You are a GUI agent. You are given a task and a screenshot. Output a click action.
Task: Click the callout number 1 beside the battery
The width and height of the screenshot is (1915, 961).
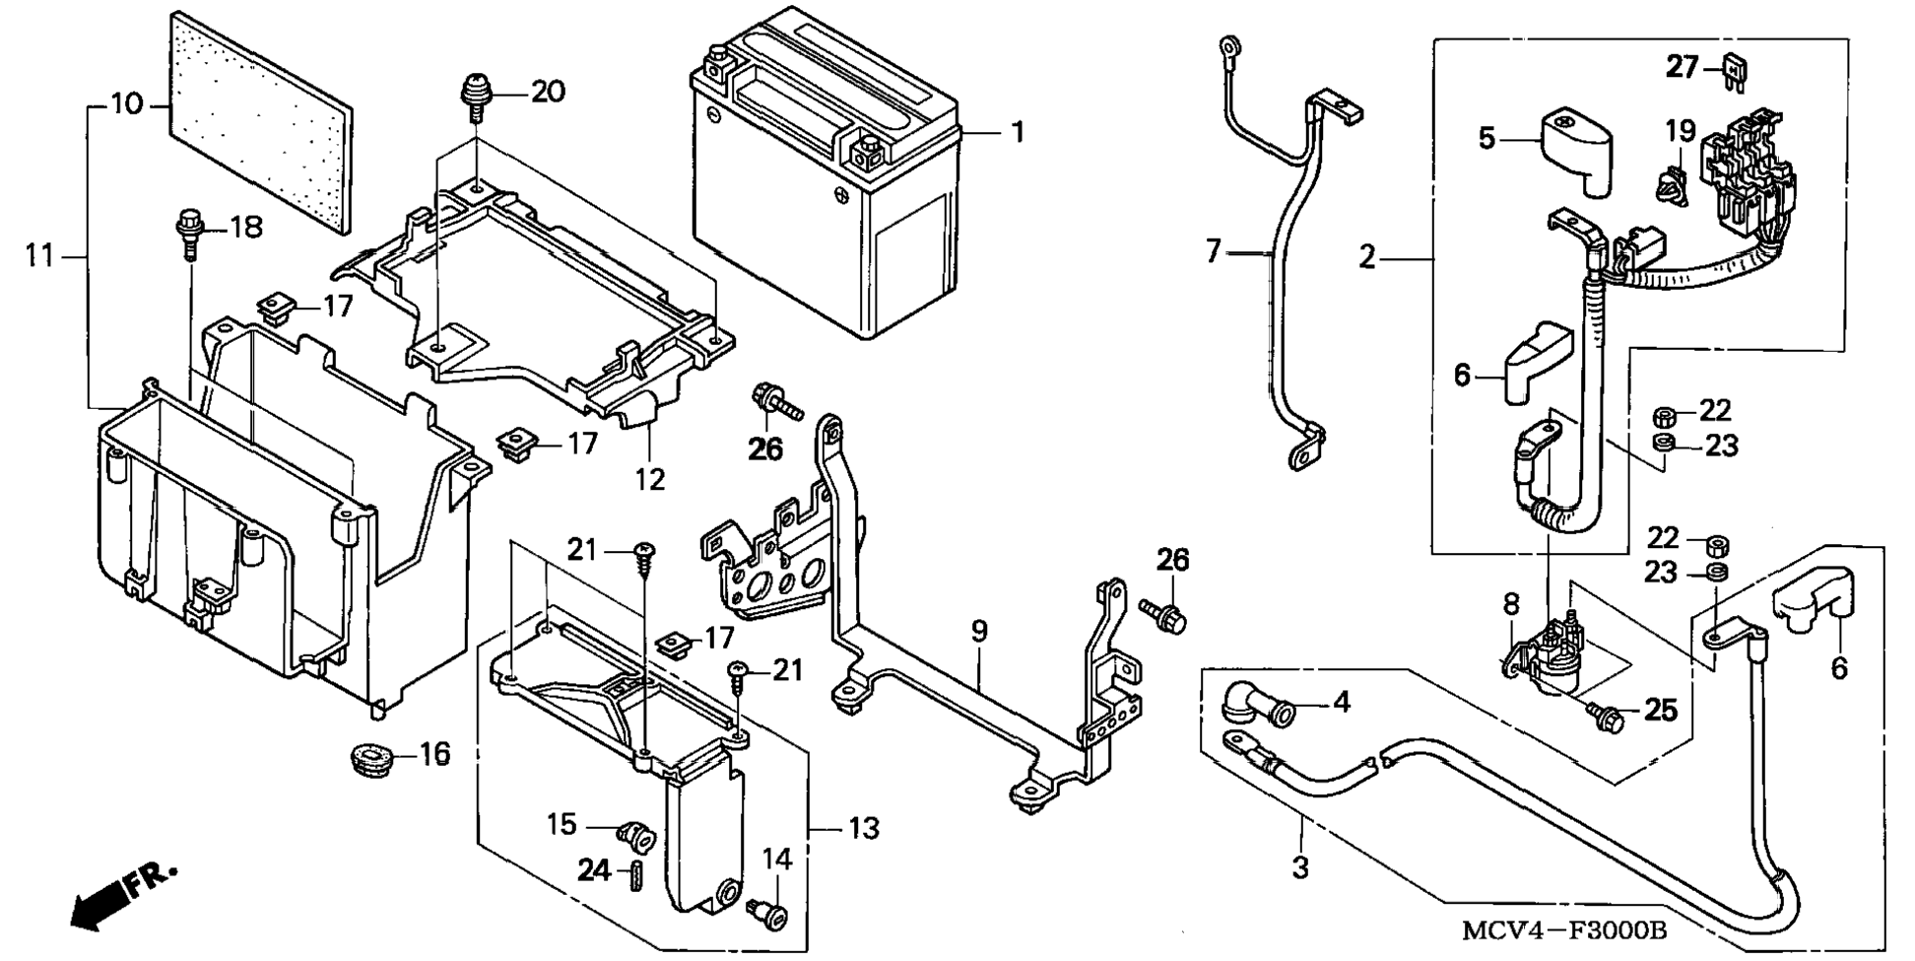(x=1018, y=132)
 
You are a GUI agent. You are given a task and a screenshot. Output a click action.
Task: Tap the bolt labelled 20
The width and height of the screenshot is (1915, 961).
(x=477, y=97)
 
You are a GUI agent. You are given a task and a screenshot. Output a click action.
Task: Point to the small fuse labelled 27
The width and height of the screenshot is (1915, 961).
(x=1734, y=73)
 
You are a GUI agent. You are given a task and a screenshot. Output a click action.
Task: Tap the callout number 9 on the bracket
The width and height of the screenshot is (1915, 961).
(x=978, y=632)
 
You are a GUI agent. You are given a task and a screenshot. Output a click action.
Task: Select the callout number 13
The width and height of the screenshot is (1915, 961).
(x=863, y=829)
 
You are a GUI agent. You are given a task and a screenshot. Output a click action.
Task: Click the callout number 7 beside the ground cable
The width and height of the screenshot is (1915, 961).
(x=1214, y=252)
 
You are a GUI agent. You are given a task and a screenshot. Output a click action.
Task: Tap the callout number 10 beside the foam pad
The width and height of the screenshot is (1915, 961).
(x=126, y=104)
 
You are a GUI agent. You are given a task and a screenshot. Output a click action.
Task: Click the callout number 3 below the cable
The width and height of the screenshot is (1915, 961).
(x=1300, y=868)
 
